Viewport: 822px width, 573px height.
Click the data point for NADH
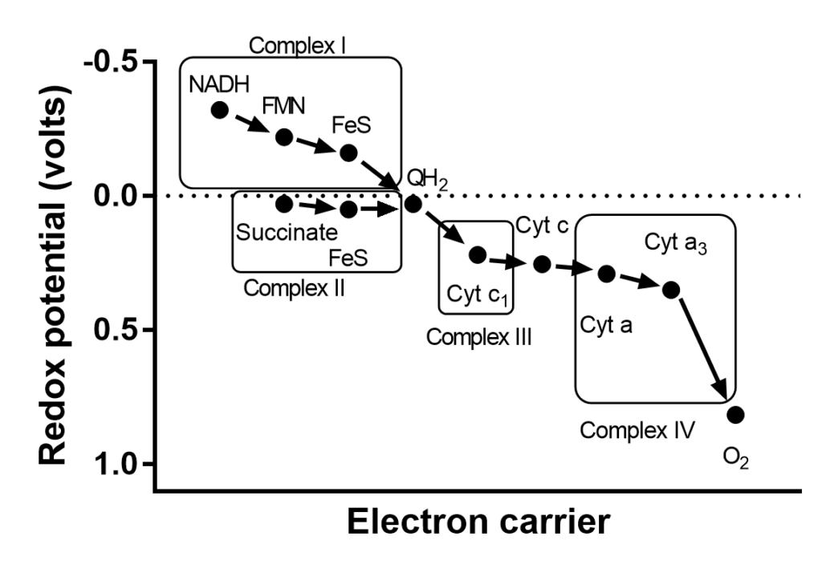(219, 110)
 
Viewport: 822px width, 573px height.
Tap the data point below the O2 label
(735, 414)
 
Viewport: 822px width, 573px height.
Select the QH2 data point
(413, 204)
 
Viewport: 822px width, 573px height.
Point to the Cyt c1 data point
(477, 254)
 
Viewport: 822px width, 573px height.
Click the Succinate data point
(283, 204)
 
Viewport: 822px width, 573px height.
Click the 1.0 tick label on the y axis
(123, 464)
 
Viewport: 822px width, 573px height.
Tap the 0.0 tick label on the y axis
(123, 196)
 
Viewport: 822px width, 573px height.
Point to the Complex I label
(297, 45)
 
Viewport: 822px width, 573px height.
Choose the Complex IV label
(637, 430)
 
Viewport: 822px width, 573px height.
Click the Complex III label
(479, 336)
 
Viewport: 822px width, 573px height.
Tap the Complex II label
(294, 288)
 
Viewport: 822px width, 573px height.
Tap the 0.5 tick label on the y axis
(123, 330)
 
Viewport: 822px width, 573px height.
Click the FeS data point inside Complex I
(348, 152)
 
